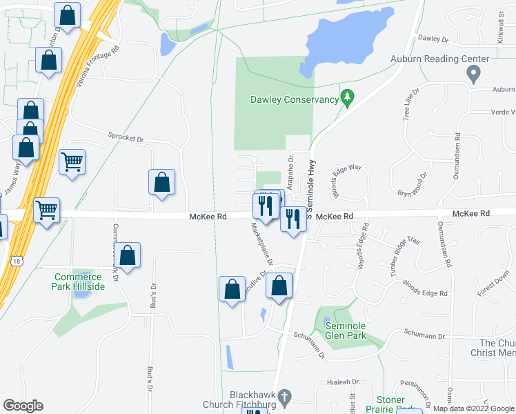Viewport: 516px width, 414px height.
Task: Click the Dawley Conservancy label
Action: [294, 100]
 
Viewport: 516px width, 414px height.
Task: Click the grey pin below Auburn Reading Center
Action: [473, 74]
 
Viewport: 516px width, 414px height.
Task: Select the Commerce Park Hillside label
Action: [79, 282]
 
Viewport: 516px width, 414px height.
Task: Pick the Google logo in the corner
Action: [23, 406]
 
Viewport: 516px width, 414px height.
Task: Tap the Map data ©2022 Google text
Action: [473, 408]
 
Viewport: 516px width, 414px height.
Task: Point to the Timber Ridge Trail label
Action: [405, 250]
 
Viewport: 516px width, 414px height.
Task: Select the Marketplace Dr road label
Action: [261, 244]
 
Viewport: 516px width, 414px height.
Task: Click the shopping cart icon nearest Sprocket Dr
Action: [72, 162]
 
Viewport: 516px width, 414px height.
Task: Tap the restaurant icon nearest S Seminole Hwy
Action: [292, 219]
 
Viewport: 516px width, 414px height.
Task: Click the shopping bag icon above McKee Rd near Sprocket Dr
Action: [161, 182]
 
